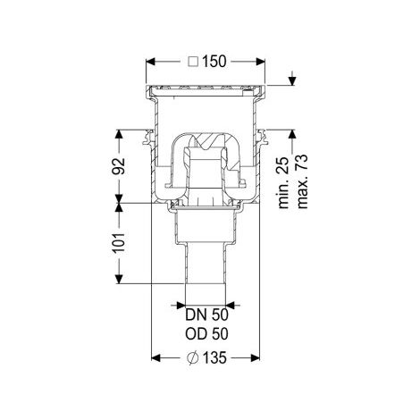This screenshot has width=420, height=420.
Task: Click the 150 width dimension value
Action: click(x=214, y=62)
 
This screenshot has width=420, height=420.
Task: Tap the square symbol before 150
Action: click(x=193, y=62)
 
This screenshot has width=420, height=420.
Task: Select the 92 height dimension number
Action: click(x=119, y=166)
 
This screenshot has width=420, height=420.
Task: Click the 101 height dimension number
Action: click(x=119, y=242)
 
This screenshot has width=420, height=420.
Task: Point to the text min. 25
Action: click(x=283, y=182)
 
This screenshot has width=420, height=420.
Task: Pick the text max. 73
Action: click(x=301, y=181)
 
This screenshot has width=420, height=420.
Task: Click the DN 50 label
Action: click(x=206, y=315)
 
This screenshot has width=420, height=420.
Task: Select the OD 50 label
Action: click(x=206, y=334)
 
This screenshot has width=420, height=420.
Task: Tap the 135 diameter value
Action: click(x=214, y=357)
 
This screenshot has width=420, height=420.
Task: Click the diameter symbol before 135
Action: click(x=193, y=358)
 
